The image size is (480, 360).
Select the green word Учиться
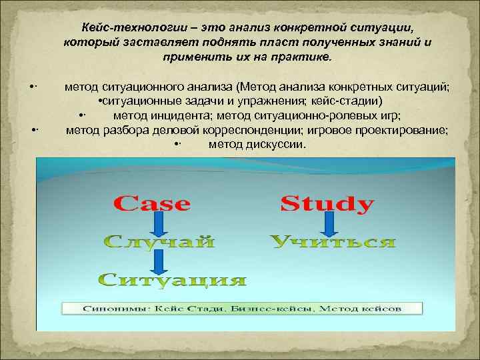(x=333, y=241)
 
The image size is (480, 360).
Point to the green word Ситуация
(x=173, y=280)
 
